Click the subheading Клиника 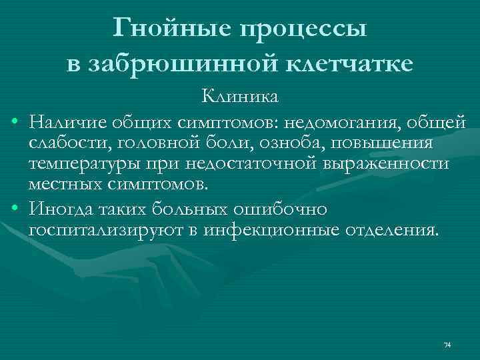tap(241, 97)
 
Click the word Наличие tap(63, 123)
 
